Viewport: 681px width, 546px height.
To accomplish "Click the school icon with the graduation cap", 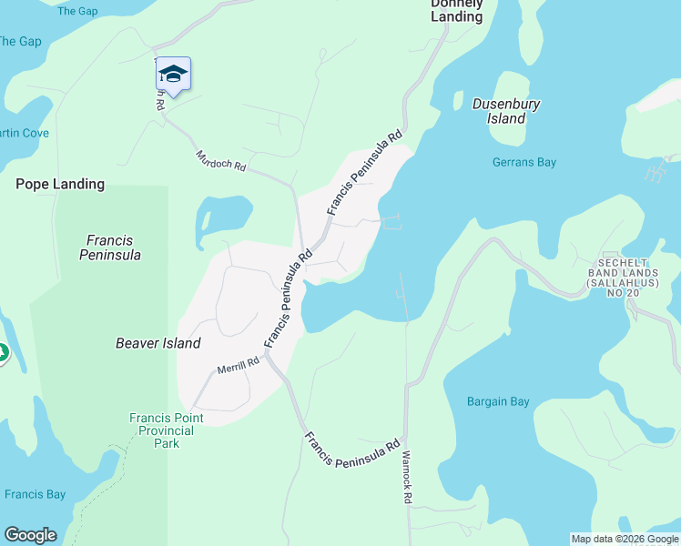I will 173,74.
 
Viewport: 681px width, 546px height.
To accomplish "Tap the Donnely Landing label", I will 457,10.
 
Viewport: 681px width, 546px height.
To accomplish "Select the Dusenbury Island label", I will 506,111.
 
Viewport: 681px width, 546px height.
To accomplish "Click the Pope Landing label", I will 60,184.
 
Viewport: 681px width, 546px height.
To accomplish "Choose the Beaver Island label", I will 158,343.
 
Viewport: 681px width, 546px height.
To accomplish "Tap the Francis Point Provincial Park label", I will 167,430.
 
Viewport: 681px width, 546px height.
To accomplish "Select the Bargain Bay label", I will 498,401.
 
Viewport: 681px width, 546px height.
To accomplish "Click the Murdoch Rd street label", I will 221,161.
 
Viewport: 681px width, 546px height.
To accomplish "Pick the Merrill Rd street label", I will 239,365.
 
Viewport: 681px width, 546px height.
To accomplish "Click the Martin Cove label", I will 23,133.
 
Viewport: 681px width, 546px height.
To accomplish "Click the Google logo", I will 30,535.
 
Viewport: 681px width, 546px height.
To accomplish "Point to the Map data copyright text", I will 625,539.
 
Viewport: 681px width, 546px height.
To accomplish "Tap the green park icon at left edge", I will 3,352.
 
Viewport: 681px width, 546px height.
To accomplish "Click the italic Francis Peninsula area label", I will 110,248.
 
